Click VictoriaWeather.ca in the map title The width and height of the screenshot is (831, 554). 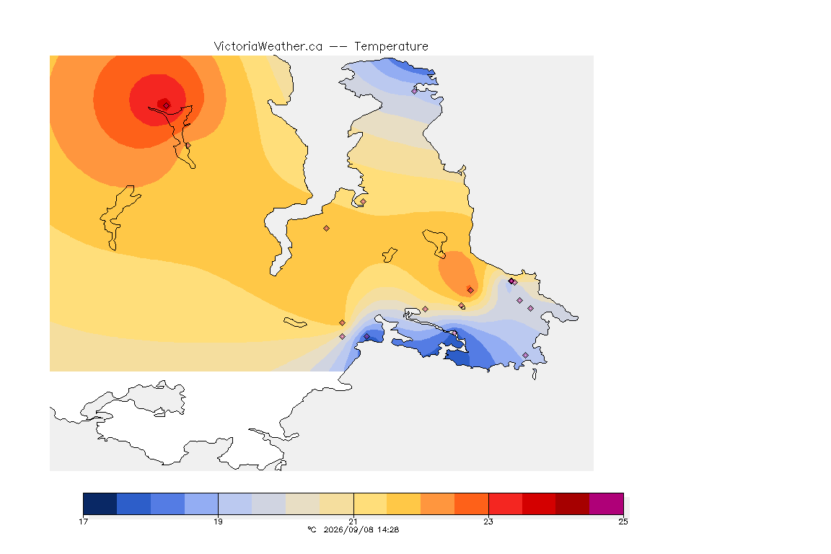point(268,47)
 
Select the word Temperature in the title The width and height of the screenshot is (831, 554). point(391,47)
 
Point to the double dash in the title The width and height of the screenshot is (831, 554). point(338,47)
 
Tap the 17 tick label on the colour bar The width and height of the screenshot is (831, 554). point(83,522)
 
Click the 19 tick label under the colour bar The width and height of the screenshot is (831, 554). point(218,522)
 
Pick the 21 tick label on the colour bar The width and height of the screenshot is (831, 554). point(353,522)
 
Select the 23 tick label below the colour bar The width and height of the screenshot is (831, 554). point(488,522)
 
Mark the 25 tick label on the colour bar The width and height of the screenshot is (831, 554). point(623,522)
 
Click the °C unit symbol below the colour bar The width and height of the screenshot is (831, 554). point(312,529)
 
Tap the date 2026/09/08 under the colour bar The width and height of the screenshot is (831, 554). point(346,529)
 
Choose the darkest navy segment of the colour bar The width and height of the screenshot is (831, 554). point(100,504)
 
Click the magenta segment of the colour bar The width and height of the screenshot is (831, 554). point(606,504)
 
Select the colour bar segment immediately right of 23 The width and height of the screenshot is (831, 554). point(505,504)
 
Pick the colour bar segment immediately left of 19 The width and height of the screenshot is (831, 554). point(201,504)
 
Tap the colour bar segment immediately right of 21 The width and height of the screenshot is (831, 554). point(370,504)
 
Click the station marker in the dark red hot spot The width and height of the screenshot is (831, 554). point(167,105)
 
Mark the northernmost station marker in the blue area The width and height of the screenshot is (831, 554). point(415,91)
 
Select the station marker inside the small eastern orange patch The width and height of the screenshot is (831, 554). point(470,290)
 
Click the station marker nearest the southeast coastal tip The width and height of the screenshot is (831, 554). point(525,355)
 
